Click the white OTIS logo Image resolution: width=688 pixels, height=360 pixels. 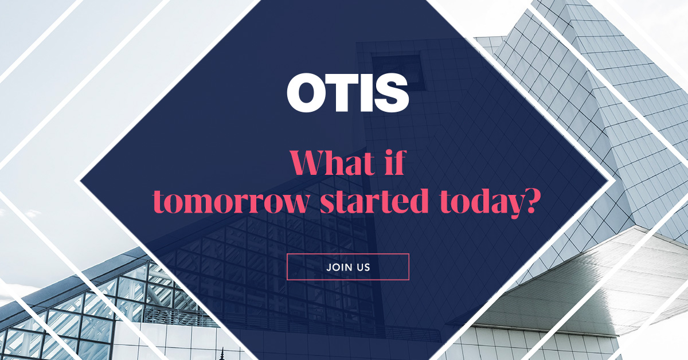tap(347, 93)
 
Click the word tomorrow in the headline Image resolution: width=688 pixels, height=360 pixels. tap(230, 201)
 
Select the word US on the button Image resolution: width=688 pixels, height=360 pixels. tap(363, 267)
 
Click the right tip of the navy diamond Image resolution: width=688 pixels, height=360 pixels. tap(609, 181)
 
